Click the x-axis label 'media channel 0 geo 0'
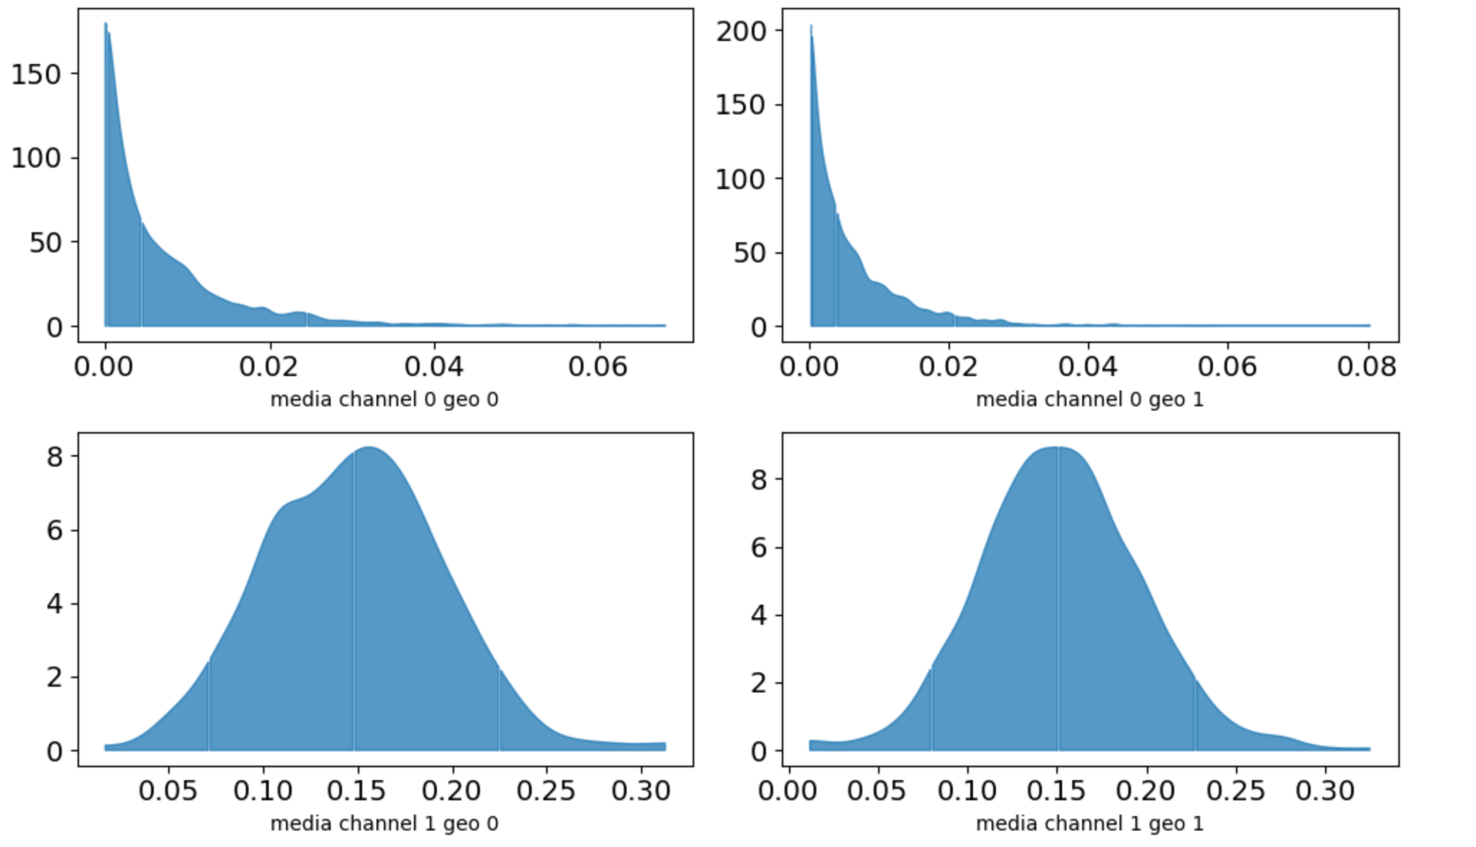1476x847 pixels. tap(384, 399)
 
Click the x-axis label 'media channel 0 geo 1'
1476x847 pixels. tap(1089, 399)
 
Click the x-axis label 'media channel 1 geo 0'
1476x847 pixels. tap(384, 823)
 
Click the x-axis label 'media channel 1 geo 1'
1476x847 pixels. tap(1089, 823)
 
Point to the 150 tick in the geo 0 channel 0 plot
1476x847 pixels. tap(45, 74)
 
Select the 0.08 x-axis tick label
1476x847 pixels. tap(1367, 367)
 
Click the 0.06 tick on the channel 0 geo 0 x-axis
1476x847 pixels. tap(597, 367)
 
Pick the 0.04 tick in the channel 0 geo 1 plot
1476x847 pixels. tap(1088, 367)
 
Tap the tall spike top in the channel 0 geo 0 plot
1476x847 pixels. tap(106, 24)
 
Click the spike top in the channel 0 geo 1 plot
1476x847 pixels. tap(811, 26)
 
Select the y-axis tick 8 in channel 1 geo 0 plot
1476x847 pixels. tap(55, 456)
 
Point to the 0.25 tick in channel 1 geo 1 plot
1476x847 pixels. tap(1237, 791)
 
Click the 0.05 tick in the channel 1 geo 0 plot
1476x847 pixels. tap(168, 791)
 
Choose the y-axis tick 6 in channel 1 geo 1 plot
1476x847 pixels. tap(759, 547)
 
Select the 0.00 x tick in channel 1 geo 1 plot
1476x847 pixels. tap(789, 791)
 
